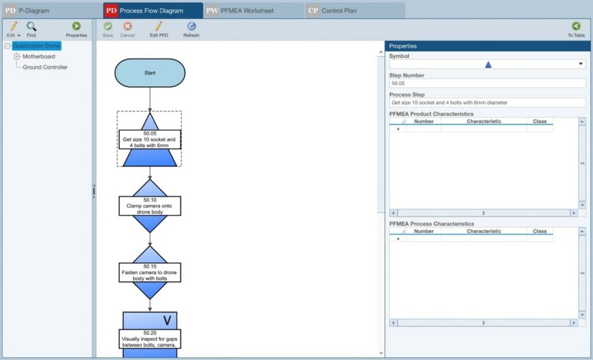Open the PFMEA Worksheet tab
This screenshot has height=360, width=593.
[254, 10]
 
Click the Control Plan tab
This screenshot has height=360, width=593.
[354, 10]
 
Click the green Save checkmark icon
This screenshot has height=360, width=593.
[108, 26]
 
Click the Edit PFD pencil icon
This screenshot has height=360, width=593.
[158, 26]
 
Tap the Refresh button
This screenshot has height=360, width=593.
[191, 26]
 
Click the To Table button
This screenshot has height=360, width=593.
[576, 26]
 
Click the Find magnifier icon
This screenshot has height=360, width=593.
[31, 26]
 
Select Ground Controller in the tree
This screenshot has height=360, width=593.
[45, 67]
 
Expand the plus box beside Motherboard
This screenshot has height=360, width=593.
[17, 57]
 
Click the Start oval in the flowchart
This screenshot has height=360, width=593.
[150, 73]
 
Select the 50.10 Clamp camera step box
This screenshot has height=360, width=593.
[149, 206]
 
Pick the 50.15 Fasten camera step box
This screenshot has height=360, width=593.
[149, 272]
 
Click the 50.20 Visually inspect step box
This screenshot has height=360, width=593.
[149, 339]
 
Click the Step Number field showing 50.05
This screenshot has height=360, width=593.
[487, 83]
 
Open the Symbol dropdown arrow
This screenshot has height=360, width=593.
[581, 64]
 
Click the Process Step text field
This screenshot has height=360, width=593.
[487, 102]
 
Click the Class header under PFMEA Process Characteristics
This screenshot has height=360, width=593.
[540, 231]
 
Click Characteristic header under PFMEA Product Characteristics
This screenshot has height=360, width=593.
[484, 122]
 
